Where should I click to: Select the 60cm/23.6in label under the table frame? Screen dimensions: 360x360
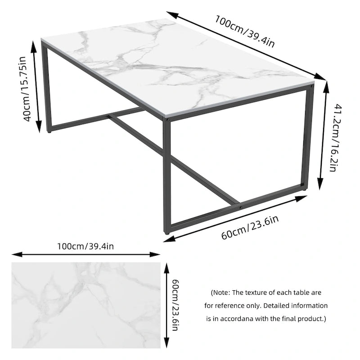(250, 228)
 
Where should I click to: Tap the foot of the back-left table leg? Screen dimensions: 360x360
(49, 131)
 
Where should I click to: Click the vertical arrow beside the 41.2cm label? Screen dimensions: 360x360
(322, 135)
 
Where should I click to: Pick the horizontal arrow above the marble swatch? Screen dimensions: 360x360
(85, 255)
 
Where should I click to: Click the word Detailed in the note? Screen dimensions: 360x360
(276, 306)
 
